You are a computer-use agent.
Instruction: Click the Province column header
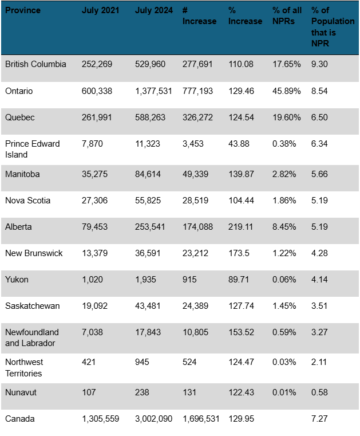[23, 10]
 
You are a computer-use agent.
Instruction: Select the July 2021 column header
[101, 10]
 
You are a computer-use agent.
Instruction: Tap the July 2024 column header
[154, 10]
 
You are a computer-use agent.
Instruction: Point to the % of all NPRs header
[287, 16]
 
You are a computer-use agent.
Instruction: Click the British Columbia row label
[35, 64]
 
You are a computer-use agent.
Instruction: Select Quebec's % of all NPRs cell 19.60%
[287, 117]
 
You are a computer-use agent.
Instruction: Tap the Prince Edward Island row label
[32, 149]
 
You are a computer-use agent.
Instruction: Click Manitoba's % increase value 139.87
[241, 174]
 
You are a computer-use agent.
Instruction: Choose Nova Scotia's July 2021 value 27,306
[96, 201]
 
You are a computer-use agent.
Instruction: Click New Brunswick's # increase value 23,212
[197, 253]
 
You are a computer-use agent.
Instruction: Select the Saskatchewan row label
[32, 306]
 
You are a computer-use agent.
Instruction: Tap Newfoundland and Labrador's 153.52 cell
[241, 332]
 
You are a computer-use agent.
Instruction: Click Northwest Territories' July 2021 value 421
[89, 362]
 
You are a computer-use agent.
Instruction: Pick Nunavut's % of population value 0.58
[319, 392]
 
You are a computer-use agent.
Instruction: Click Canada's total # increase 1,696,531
[201, 419]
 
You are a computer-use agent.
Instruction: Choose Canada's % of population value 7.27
[319, 419]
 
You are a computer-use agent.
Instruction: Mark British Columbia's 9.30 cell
[319, 64]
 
